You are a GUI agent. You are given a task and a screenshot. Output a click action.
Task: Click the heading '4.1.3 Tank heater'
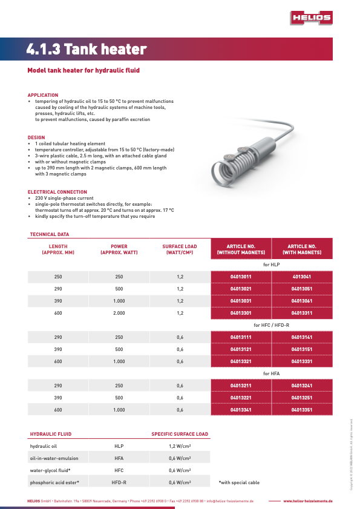(x=87, y=50)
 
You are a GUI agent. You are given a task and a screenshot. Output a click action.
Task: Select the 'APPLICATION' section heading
(x=43, y=95)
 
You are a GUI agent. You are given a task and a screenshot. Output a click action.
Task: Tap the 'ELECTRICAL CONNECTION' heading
(x=57, y=192)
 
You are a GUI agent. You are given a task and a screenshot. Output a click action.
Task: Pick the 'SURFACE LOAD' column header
(x=180, y=249)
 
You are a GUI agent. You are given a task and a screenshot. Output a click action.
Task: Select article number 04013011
(x=241, y=277)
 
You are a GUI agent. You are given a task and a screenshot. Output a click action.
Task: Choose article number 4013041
(x=301, y=277)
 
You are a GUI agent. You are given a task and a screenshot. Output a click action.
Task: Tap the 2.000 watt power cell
(x=119, y=313)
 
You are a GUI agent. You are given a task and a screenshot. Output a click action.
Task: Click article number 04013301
(x=241, y=313)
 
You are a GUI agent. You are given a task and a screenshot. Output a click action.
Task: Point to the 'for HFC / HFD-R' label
(x=271, y=326)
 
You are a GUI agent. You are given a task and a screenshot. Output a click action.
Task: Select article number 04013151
(x=301, y=349)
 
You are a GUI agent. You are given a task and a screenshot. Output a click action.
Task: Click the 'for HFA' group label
(x=271, y=374)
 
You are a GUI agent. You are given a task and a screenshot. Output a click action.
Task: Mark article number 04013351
(x=301, y=410)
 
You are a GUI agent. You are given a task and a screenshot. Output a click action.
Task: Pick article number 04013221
(x=241, y=398)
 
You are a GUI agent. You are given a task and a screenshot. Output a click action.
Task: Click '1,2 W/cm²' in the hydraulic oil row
(x=180, y=445)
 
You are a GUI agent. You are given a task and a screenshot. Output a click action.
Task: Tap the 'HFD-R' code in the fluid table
(x=119, y=482)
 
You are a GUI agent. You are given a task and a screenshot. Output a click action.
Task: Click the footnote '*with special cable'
(x=239, y=482)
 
